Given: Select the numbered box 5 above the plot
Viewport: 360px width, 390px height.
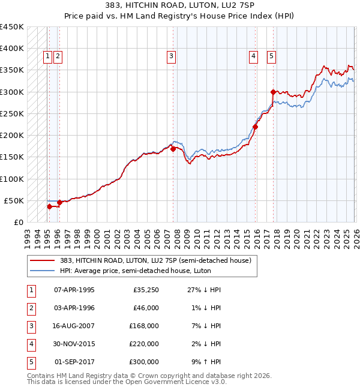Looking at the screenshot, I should [271, 56].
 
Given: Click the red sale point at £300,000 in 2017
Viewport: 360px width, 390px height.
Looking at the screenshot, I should [273, 92].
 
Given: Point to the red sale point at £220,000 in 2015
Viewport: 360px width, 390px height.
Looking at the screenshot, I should [256, 127].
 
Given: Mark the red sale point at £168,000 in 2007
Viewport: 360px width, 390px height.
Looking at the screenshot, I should [173, 149].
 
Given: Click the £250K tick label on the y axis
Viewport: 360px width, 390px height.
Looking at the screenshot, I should [12, 113].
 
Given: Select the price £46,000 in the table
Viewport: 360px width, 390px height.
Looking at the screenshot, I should [146, 308].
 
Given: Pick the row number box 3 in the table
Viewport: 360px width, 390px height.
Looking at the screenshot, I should [30, 326].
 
